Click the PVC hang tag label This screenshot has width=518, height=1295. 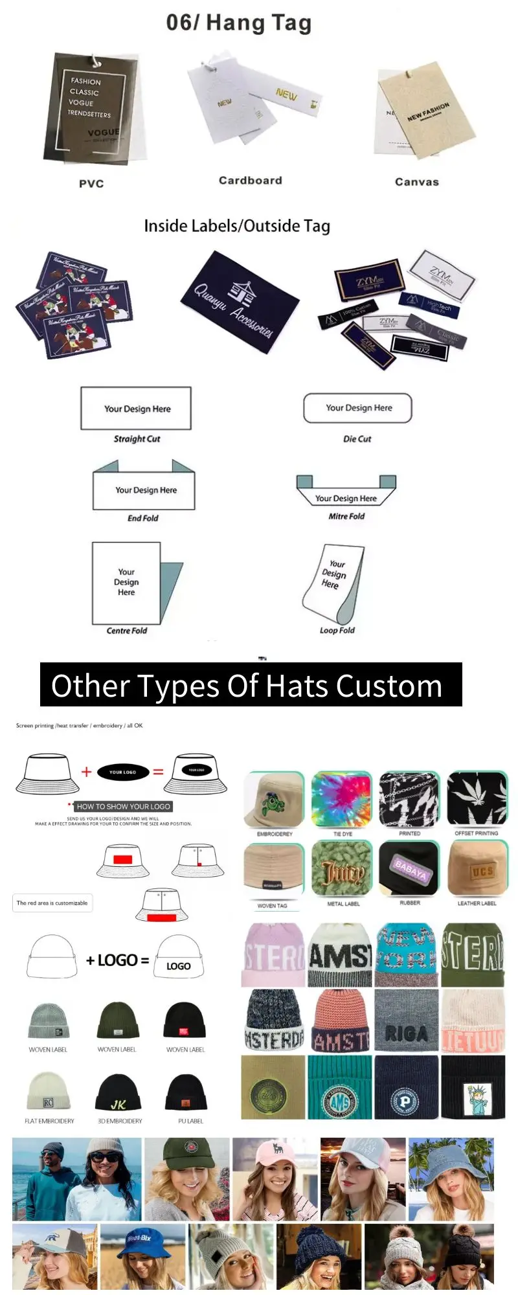point(91,184)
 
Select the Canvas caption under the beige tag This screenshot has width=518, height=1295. point(416,183)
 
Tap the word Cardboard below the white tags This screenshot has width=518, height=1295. point(250,181)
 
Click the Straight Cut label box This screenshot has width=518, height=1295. point(136,409)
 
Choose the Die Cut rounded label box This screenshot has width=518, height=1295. point(358,408)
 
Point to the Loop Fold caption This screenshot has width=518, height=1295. point(337,630)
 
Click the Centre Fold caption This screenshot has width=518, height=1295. point(127,631)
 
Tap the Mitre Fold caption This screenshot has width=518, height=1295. point(346,516)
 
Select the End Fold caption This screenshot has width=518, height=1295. point(142,518)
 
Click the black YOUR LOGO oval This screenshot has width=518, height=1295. point(122,772)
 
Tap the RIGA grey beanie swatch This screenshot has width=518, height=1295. point(406,1020)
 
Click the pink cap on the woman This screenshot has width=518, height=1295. point(275,1153)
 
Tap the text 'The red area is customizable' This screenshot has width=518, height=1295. point(52,903)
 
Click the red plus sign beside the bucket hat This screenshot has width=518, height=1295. point(86,771)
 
